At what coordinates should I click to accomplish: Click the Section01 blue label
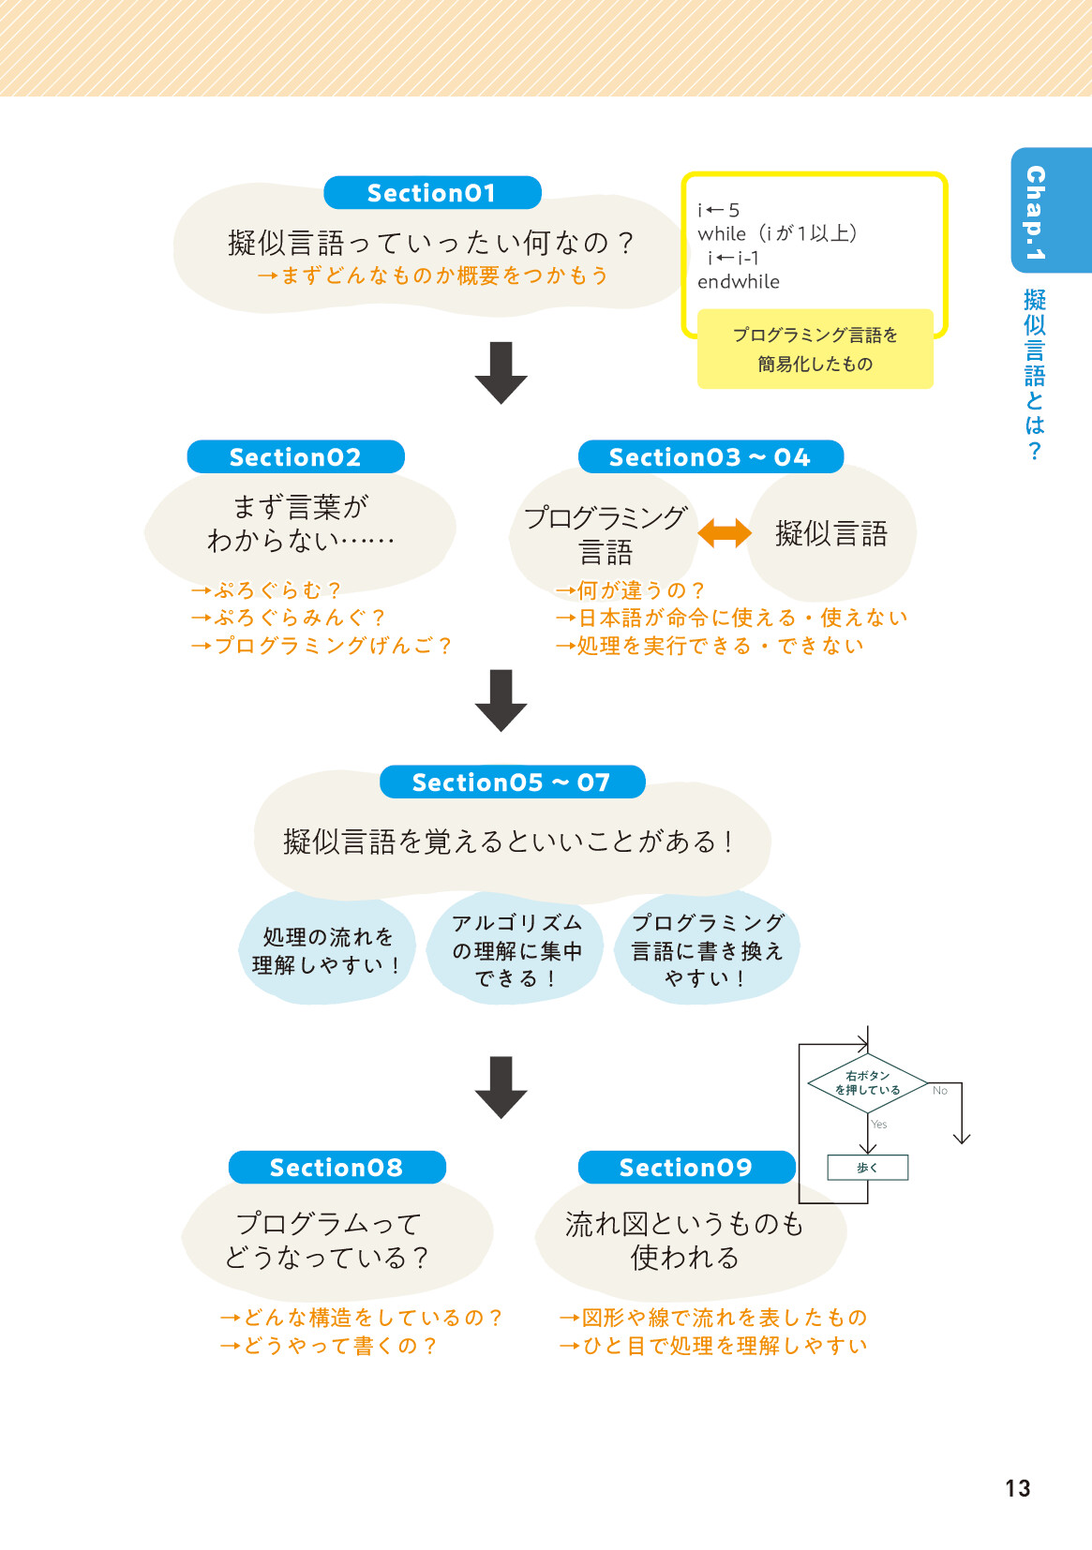(x=432, y=193)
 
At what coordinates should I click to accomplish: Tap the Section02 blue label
(x=295, y=457)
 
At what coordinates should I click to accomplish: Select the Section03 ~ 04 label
(x=710, y=457)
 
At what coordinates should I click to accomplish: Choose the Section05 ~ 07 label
(x=512, y=782)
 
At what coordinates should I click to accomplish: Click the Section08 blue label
(x=337, y=1168)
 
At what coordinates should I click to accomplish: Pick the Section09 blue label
(x=686, y=1168)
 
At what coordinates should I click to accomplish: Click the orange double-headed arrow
(x=725, y=533)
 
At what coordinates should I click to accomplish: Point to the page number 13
(x=1017, y=1488)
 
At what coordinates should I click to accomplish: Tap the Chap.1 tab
(x=1037, y=212)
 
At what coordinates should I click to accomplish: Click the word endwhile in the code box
(x=739, y=282)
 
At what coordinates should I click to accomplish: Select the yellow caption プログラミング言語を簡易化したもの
(x=815, y=350)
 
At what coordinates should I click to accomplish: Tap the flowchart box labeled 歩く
(x=867, y=1168)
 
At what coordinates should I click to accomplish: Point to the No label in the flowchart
(x=940, y=1091)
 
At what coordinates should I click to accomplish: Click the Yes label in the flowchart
(x=879, y=1125)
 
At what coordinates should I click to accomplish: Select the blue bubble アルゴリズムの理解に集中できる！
(x=516, y=950)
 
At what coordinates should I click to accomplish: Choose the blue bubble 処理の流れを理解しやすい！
(x=327, y=950)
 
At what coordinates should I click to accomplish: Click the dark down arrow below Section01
(x=501, y=373)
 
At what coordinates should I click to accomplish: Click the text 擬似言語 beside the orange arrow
(x=831, y=534)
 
